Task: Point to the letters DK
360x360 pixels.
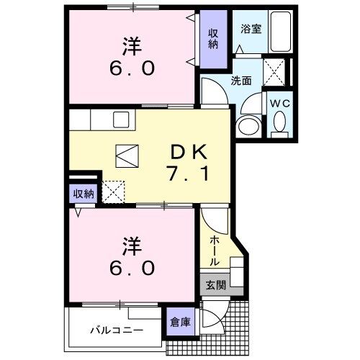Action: pyautogui.click(x=189, y=152)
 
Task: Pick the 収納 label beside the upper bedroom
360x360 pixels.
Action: pyautogui.click(x=212, y=37)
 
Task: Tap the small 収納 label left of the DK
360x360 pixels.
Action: pyautogui.click(x=83, y=193)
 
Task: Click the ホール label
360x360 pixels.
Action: pyautogui.click(x=215, y=250)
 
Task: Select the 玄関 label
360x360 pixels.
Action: pyautogui.click(x=216, y=285)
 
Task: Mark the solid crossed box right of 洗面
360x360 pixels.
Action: pyautogui.click(x=274, y=72)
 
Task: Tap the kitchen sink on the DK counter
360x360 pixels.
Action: pyautogui.click(x=120, y=118)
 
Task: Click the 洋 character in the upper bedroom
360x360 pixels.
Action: pyautogui.click(x=131, y=45)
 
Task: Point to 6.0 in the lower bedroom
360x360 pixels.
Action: pyautogui.click(x=131, y=268)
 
